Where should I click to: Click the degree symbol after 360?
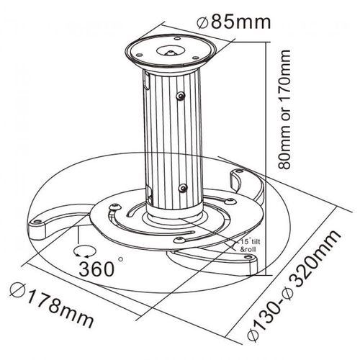[x=120, y=259]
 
